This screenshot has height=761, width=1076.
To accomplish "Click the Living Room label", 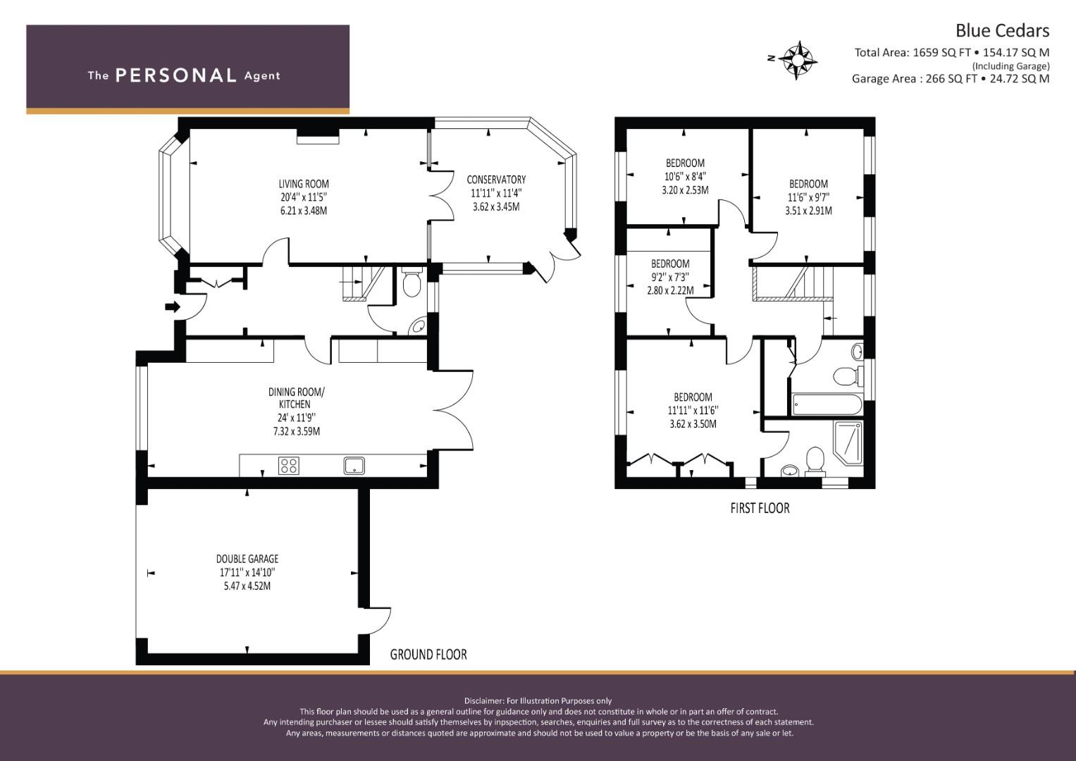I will pyautogui.click(x=303, y=185).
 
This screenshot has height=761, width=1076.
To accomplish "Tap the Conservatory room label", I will pyautogui.click(x=495, y=180).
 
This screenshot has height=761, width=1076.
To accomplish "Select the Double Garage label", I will pyautogui.click(x=247, y=559).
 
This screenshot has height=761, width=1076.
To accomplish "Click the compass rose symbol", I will pyautogui.click(x=798, y=59).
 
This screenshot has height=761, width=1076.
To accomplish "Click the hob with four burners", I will pyautogui.click(x=288, y=465).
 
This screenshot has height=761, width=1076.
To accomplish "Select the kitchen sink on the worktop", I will pyautogui.click(x=354, y=464).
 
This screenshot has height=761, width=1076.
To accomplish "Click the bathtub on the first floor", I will pyautogui.click(x=826, y=404).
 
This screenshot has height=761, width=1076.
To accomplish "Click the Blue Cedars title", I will pyautogui.click(x=1002, y=30).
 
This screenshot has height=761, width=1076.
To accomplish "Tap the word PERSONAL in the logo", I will pyautogui.click(x=175, y=75).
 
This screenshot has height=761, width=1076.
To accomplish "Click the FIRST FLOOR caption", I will pyautogui.click(x=760, y=508).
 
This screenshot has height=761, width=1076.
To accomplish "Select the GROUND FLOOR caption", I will pyautogui.click(x=428, y=655).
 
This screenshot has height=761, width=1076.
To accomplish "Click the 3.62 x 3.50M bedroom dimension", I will pyautogui.click(x=693, y=424).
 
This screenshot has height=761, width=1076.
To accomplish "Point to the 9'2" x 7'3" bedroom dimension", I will pyautogui.click(x=669, y=278).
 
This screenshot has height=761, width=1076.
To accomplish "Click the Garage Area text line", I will pyautogui.click(x=950, y=79).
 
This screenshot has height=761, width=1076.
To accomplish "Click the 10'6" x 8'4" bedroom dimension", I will pyautogui.click(x=685, y=177).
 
